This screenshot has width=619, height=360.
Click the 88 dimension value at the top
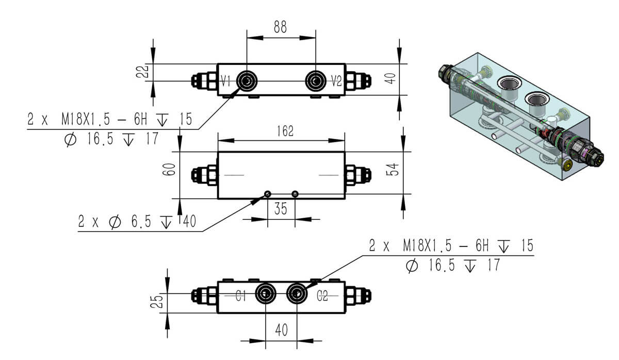(x=281, y=27)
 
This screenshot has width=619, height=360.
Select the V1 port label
(x=225, y=80)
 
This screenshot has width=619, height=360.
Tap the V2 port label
(x=336, y=80)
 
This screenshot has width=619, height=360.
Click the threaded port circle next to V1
(x=247, y=80)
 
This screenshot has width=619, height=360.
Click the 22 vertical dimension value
(x=146, y=71)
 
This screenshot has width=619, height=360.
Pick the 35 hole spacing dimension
(x=281, y=209)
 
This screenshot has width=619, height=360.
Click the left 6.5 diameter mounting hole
(x=267, y=194)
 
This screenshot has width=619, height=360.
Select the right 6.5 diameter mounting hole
(x=295, y=194)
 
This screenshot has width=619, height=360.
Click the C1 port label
(x=241, y=296)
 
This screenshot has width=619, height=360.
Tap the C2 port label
(x=322, y=296)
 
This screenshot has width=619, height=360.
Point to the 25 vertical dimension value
(x=160, y=301)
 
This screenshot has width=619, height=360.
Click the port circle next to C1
(x=265, y=294)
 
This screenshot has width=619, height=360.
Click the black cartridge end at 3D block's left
(x=445, y=72)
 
